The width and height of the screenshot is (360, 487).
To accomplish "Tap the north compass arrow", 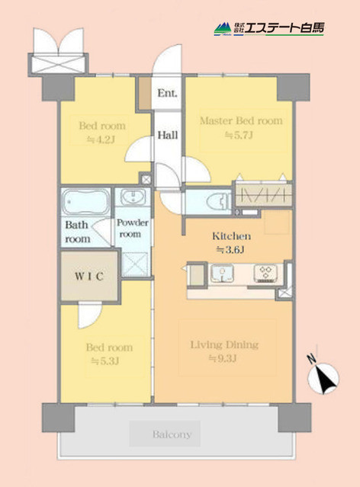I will coord(323,374).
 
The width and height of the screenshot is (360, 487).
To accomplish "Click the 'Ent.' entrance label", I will coord(167,94).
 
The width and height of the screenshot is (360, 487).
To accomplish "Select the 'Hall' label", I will coord(168,135).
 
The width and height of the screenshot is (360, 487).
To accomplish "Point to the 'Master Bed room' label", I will coord(240,120).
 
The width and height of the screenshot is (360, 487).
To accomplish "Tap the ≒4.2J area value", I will coord(101,139).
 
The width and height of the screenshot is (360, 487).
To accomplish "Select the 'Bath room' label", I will coord(78,232).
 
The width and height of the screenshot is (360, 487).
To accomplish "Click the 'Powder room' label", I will coord(133,229).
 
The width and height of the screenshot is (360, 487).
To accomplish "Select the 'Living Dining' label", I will coord(224,344).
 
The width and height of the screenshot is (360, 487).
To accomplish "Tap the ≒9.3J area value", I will coord(224,360).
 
